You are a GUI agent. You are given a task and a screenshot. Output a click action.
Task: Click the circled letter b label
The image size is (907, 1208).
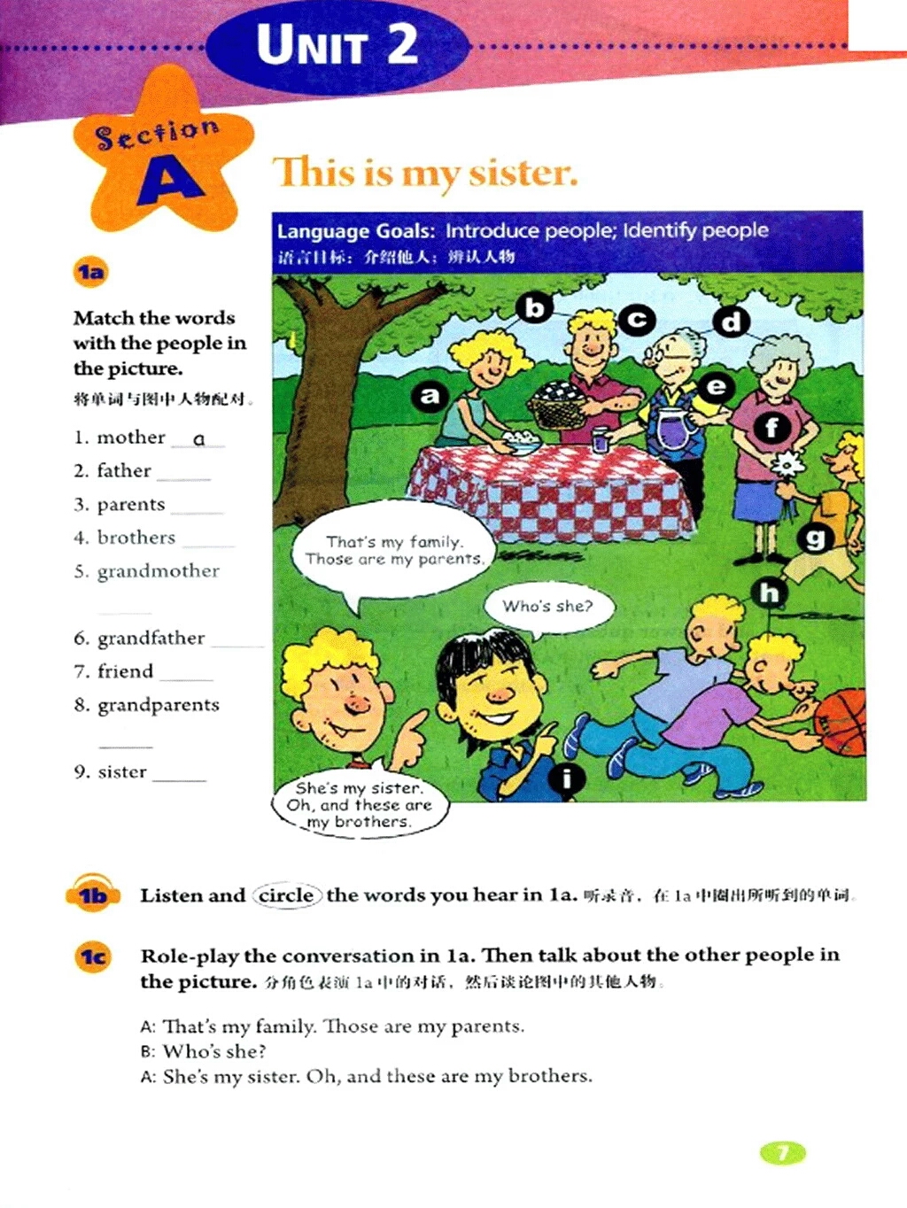click(535, 307)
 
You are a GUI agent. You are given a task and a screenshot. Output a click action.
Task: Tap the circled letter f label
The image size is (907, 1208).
click(772, 429)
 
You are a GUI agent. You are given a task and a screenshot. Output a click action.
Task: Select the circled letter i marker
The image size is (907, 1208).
click(567, 778)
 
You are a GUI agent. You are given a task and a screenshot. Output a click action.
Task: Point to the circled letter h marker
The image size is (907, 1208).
click(770, 592)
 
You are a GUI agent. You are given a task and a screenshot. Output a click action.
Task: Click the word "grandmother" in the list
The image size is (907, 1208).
click(159, 571)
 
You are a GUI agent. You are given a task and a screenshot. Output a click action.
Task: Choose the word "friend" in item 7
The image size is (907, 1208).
click(125, 671)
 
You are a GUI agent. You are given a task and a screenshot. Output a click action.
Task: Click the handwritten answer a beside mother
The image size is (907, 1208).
click(199, 438)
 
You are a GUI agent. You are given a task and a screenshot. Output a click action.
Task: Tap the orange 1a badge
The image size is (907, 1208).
click(90, 272)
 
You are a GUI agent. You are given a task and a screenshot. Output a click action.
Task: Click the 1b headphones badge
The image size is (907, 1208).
click(93, 895)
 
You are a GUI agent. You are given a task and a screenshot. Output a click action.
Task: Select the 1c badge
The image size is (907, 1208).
click(93, 956)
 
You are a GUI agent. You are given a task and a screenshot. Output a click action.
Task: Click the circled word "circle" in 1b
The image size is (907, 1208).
click(285, 895)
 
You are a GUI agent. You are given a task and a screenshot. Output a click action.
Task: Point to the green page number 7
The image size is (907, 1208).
click(783, 1152)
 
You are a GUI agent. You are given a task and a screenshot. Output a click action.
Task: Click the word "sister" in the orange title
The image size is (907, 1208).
click(523, 173)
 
